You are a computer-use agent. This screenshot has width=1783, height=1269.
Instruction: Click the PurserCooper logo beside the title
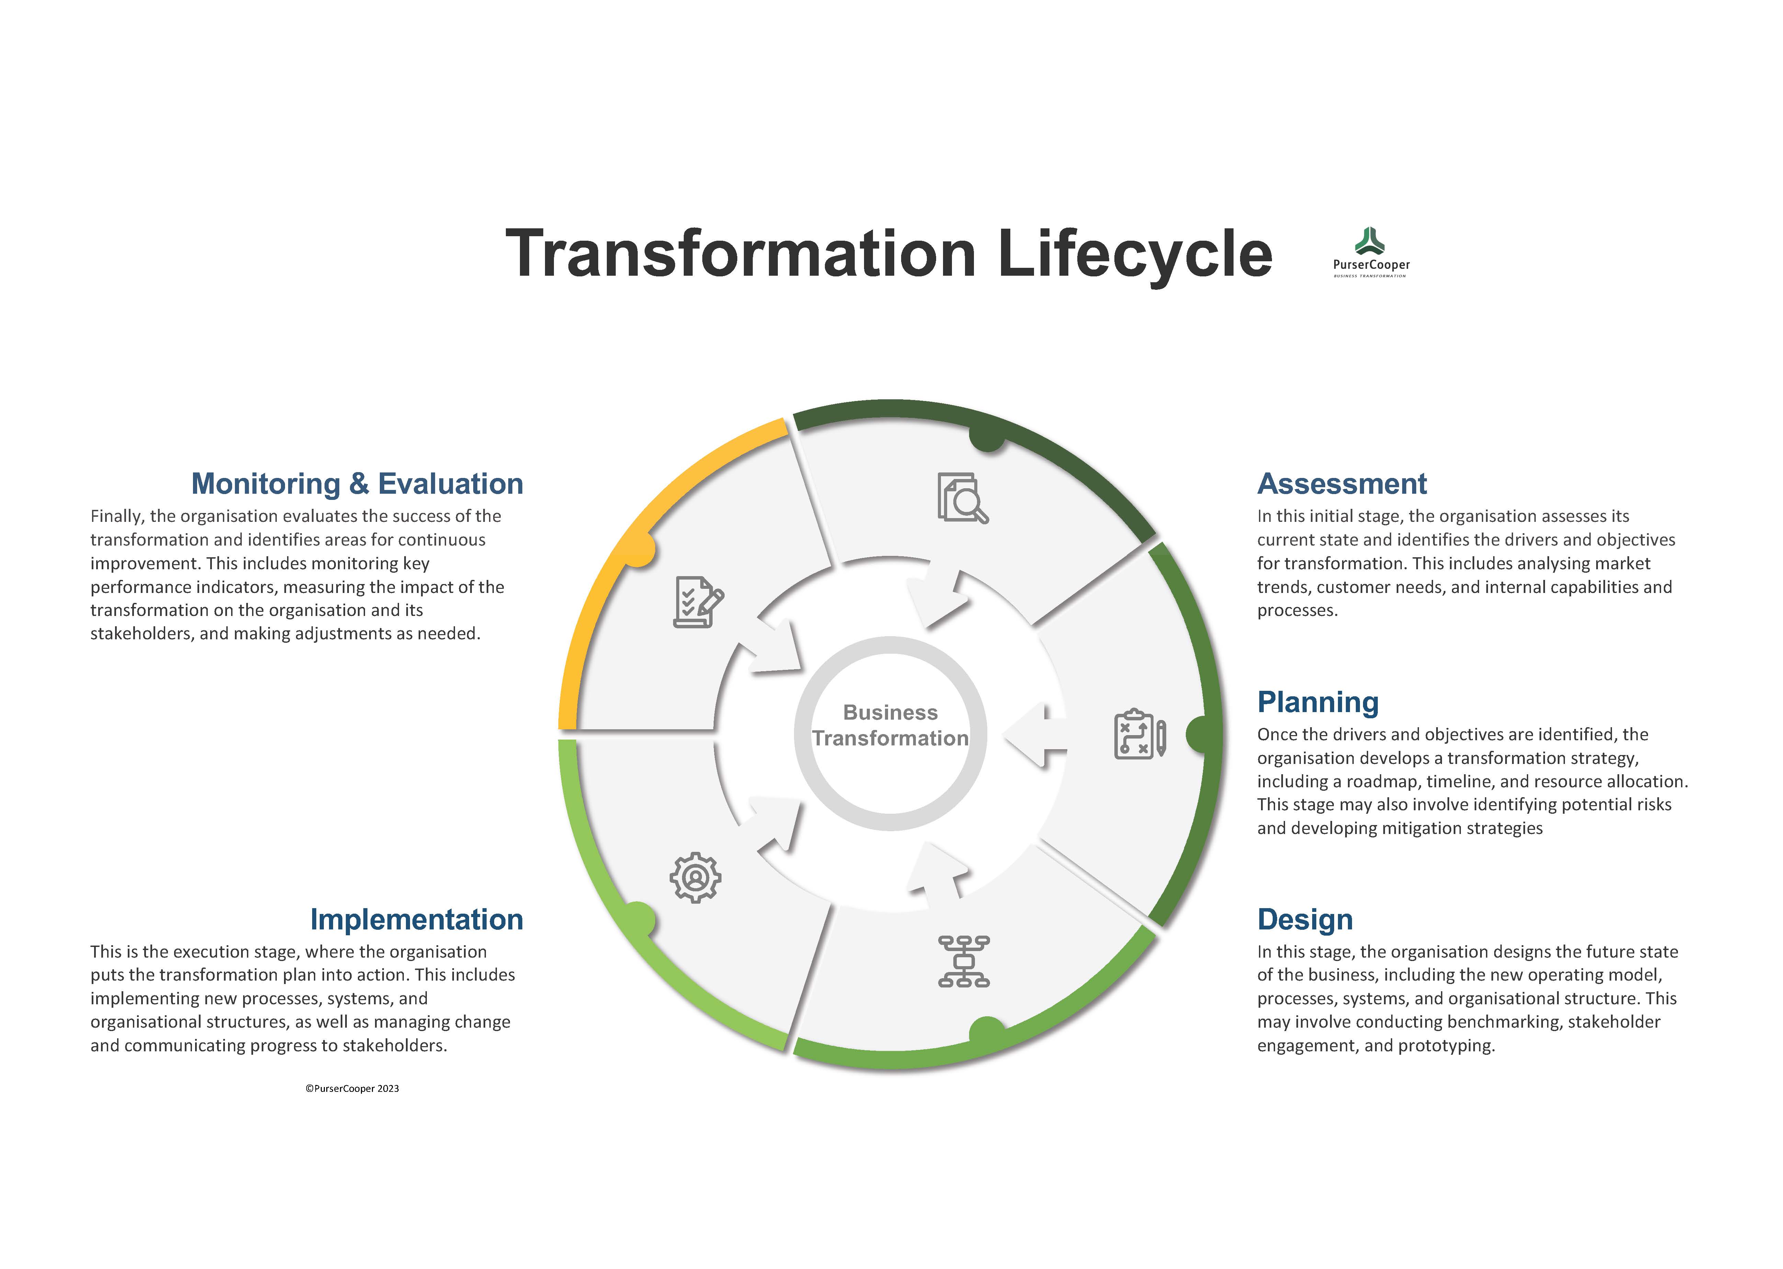click(x=1371, y=252)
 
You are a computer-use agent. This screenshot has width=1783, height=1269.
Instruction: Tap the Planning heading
click(x=1317, y=702)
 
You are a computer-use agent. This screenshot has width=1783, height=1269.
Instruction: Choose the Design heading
click(x=1305, y=920)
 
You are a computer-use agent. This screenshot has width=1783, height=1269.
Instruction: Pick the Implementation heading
click(x=417, y=920)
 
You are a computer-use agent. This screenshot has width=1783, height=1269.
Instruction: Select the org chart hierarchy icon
click(x=963, y=960)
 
